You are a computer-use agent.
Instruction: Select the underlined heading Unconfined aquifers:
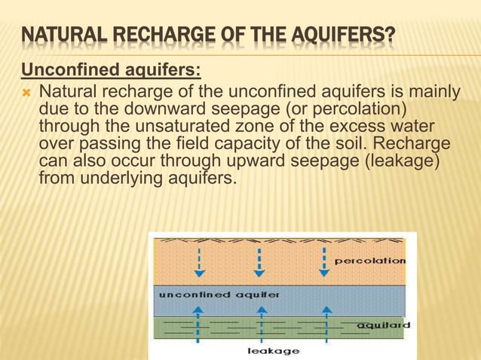111,72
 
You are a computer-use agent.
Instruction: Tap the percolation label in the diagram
369,261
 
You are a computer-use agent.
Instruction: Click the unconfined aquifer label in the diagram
219,294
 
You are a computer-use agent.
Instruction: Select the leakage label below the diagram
274,351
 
